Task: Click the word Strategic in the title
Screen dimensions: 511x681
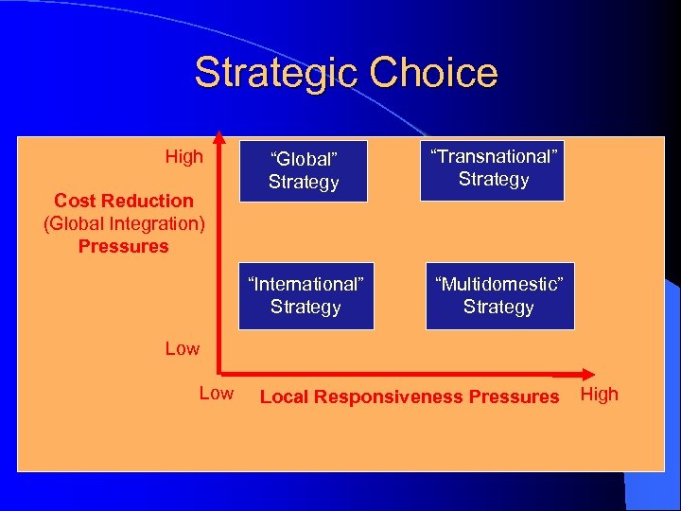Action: coord(277,72)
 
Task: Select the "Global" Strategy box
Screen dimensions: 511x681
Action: coord(303,169)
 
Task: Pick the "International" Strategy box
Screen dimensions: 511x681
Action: coord(306,295)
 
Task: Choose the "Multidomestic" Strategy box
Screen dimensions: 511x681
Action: coord(498,295)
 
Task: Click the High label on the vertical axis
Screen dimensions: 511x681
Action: coord(183,157)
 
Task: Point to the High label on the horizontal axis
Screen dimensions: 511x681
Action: coord(599,395)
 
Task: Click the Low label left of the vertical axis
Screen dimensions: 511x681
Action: coord(183,348)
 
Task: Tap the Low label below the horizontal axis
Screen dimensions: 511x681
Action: coord(216,394)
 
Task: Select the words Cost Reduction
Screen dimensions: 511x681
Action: coord(124,201)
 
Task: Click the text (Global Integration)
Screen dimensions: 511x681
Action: coord(124,223)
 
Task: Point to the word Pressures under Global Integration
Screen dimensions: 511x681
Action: coord(124,246)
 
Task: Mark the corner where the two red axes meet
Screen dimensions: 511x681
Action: coord(218,372)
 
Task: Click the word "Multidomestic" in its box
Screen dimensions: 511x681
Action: coord(498,284)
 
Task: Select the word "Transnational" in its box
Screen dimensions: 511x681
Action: coord(493,157)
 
